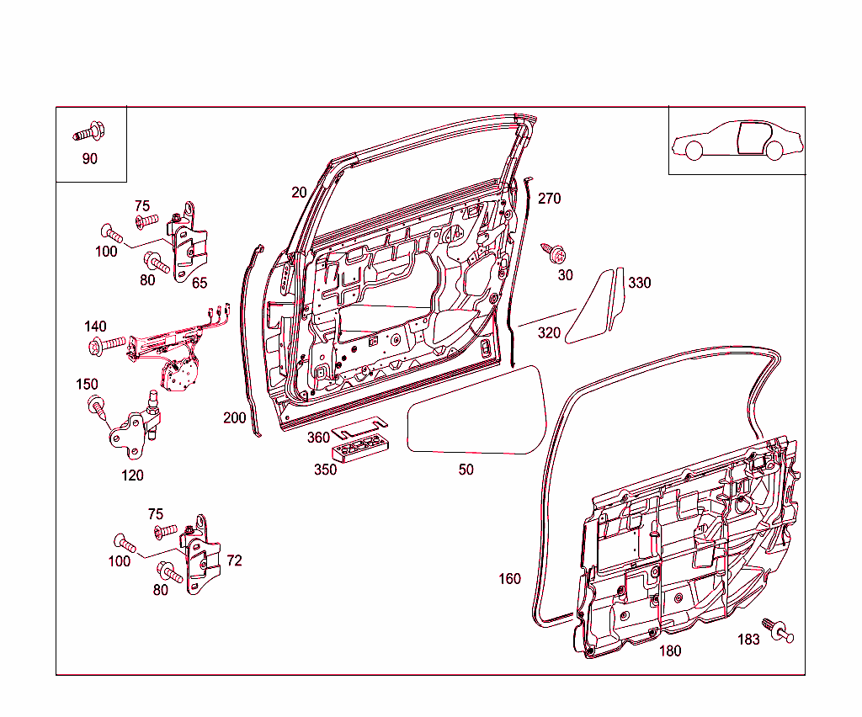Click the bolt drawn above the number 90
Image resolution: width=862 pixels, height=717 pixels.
pyautogui.click(x=88, y=132)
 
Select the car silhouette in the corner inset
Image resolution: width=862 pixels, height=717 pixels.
pyautogui.click(x=737, y=141)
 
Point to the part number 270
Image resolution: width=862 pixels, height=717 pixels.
pyautogui.click(x=549, y=199)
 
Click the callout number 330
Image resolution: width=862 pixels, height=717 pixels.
pyautogui.click(x=640, y=283)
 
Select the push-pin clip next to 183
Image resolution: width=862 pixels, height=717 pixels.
pyautogui.click(x=780, y=631)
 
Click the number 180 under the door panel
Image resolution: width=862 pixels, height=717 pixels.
pyautogui.click(x=670, y=651)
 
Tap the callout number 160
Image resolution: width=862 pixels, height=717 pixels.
pyautogui.click(x=509, y=579)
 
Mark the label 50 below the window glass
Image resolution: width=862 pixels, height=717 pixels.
pyautogui.click(x=466, y=470)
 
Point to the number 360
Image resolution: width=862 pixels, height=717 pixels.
pyautogui.click(x=318, y=438)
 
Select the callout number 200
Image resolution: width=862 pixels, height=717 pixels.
pyautogui.click(x=235, y=418)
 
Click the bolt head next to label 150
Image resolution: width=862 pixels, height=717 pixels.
pyautogui.click(x=95, y=407)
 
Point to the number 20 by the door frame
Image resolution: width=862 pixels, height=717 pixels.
pyautogui.click(x=299, y=193)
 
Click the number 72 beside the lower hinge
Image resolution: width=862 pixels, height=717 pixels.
pyautogui.click(x=234, y=560)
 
